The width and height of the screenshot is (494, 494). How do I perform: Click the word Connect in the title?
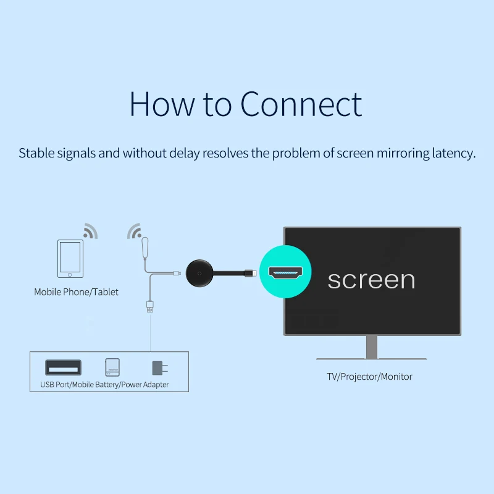301,104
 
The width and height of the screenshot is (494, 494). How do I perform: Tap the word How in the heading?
162,104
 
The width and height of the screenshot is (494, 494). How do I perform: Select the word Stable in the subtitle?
36,153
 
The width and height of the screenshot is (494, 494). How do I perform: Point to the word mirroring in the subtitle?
403,154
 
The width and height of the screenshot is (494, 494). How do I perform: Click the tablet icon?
70,259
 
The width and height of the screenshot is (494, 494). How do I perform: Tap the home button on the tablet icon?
70,275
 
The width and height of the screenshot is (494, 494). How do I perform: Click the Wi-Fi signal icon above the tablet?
90,231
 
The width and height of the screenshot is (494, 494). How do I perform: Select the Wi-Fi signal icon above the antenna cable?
135,231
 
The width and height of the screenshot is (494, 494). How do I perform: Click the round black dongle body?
199,273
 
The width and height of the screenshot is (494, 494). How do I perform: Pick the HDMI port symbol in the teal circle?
285,272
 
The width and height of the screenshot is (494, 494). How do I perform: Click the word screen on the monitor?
372,280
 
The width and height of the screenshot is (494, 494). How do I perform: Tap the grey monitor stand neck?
372,346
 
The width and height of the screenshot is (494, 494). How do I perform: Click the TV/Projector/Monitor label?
369,377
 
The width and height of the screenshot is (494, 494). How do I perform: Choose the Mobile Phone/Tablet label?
76,292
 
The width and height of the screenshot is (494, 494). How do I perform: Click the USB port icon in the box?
64,367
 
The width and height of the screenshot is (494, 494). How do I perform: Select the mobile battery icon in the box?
112,367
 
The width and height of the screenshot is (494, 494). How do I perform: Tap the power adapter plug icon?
160,367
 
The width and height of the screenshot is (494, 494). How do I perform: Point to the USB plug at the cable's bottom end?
150,306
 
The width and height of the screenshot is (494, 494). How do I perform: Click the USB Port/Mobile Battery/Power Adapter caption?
104,385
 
